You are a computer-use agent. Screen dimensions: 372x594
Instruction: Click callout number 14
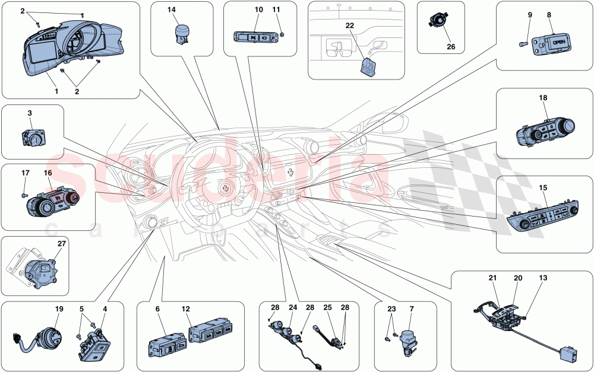pos(172,9)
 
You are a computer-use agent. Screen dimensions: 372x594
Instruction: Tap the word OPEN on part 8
pos(559,43)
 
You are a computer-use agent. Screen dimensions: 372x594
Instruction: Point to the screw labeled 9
pos(523,43)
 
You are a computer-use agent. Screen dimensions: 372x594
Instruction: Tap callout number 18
pos(543,98)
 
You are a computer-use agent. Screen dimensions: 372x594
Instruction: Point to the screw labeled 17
pos(23,194)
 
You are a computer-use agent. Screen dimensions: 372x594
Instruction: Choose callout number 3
pos(29,112)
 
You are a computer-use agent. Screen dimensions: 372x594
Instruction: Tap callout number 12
pos(185,309)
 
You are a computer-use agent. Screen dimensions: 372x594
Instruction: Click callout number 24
pos(293,307)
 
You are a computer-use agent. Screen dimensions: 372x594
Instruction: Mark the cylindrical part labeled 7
pos(407,340)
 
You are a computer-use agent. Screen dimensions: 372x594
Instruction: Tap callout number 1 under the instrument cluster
pos(56,92)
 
